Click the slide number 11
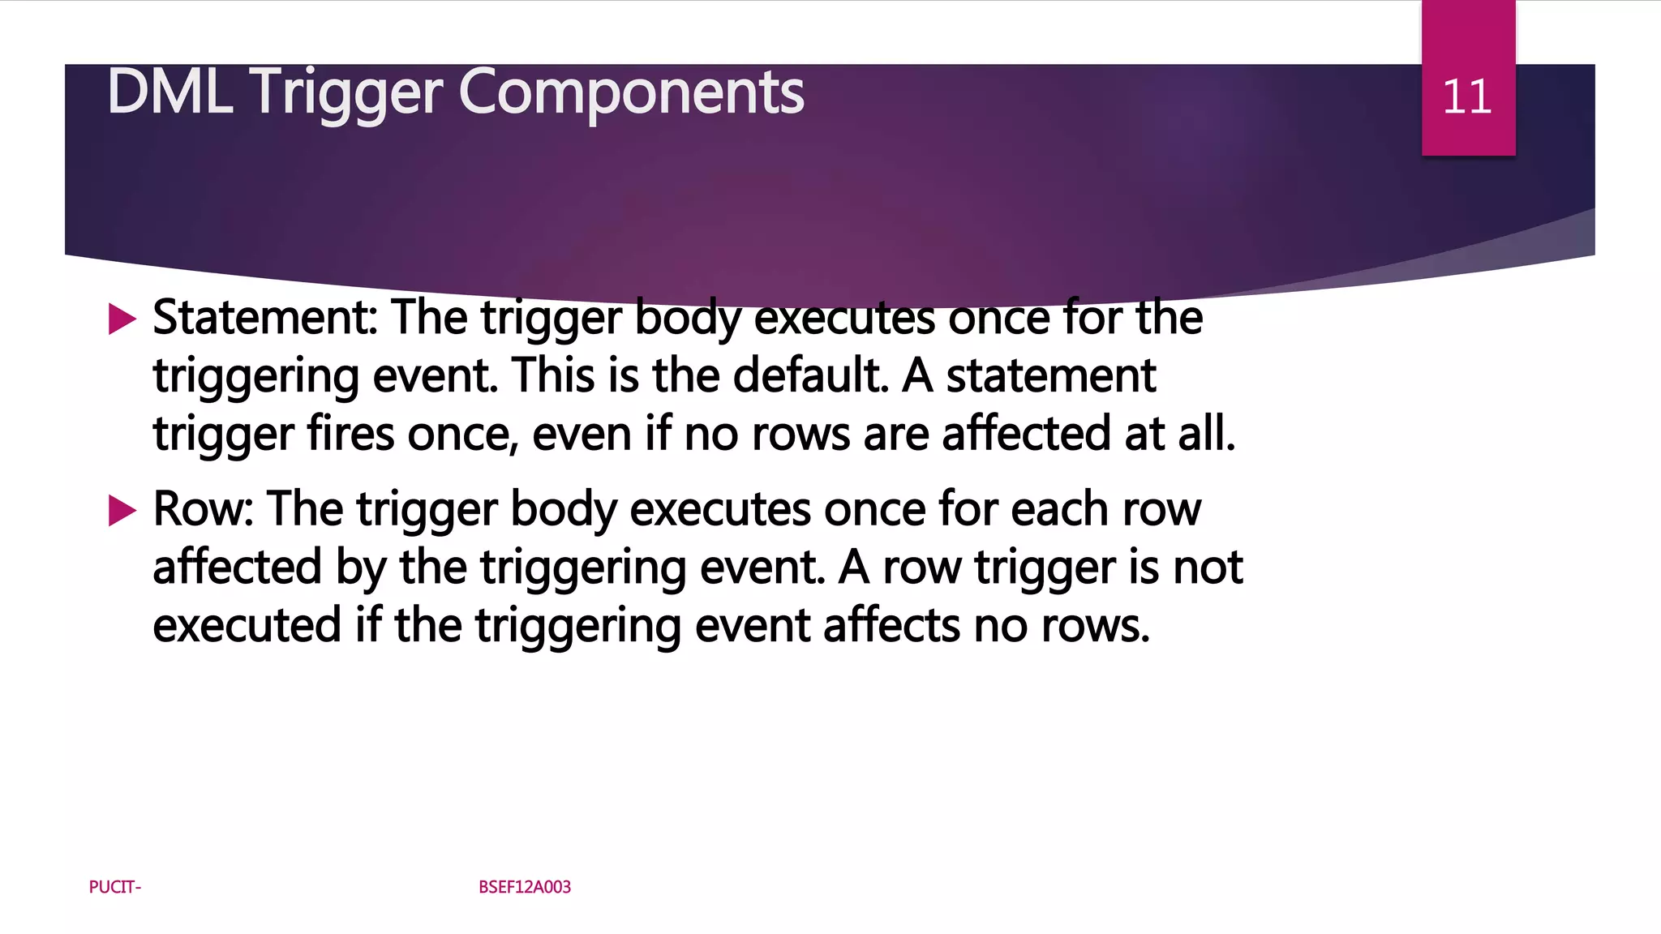pos(1467,97)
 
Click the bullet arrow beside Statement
pos(122,319)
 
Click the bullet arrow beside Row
pos(122,511)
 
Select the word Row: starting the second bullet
pos(204,509)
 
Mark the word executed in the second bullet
pos(247,625)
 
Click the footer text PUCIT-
pos(115,887)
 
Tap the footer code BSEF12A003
pos(525,887)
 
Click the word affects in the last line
pos(891,625)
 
